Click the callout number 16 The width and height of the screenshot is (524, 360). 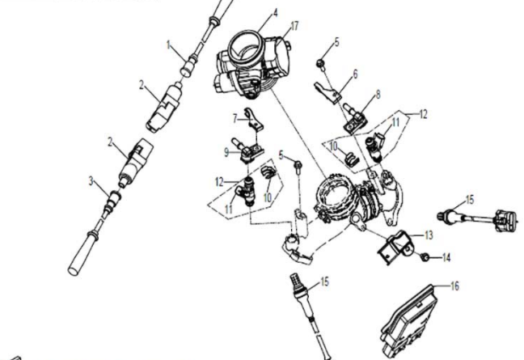(454, 286)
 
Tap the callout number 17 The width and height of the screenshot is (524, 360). (294, 25)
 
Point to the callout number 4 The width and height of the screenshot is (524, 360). (252, 12)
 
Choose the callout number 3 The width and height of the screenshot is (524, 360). (92, 180)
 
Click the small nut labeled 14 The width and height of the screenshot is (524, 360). (425, 257)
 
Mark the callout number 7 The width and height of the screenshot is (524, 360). (236, 118)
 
